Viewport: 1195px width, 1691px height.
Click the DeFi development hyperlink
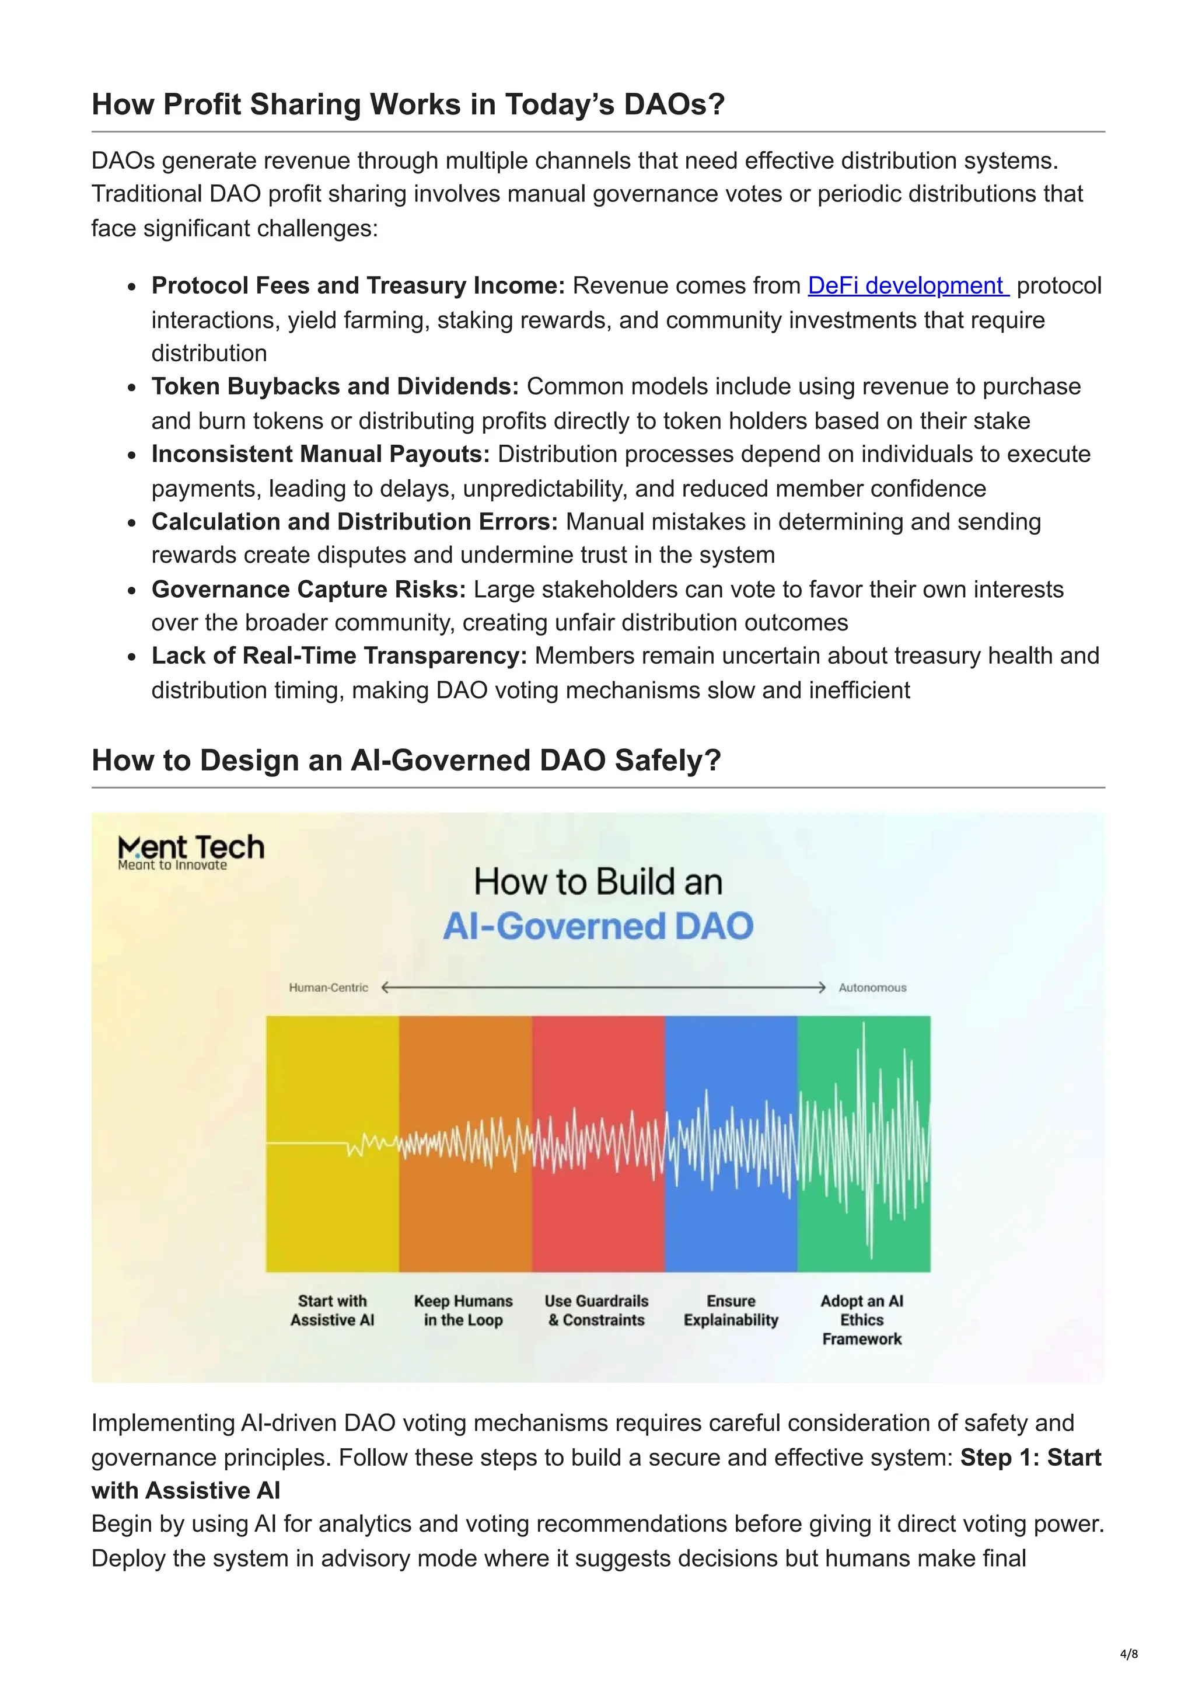coord(907,286)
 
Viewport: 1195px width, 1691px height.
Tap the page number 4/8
coord(1128,1654)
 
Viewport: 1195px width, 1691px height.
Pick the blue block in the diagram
coord(731,1068)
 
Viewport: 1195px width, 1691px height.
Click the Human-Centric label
coord(329,988)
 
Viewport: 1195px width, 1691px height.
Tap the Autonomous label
coord(872,988)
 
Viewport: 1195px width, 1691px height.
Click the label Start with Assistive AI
coord(332,1310)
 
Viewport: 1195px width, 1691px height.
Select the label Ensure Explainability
coord(731,1310)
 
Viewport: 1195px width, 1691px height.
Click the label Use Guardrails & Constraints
coord(596,1310)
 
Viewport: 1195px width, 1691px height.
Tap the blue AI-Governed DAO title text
coord(598,926)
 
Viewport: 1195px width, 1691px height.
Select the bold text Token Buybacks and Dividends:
coord(335,386)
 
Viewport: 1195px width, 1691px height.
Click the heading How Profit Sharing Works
coord(408,104)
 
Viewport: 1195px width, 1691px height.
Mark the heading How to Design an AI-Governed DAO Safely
coord(406,760)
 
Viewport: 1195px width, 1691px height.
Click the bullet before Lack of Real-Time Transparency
coord(132,657)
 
